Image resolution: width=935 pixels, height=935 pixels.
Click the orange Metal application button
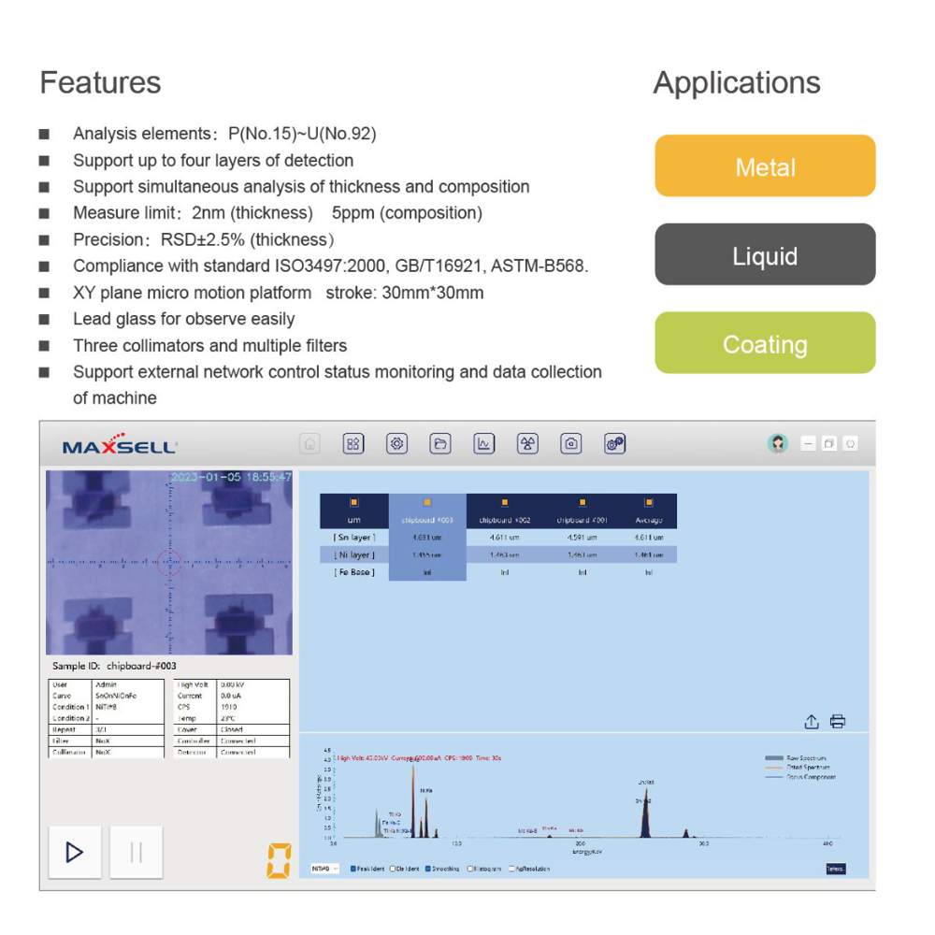pyautogui.click(x=765, y=166)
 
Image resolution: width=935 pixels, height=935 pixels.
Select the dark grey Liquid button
pyautogui.click(x=765, y=255)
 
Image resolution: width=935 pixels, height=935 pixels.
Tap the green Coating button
pyautogui.click(x=765, y=344)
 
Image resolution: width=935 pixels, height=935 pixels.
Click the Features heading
pyautogui.click(x=100, y=82)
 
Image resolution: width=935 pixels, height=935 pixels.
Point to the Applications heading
pyautogui.click(x=736, y=82)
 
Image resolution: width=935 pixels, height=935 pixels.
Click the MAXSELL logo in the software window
pyautogui.click(x=120, y=446)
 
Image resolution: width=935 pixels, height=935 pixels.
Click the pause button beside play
pyautogui.click(x=136, y=852)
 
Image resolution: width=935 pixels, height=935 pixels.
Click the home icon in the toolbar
pyautogui.click(x=309, y=444)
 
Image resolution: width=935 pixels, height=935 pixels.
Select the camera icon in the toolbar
pyautogui.click(x=571, y=444)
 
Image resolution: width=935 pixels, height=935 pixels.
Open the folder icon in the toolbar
pyautogui.click(x=440, y=444)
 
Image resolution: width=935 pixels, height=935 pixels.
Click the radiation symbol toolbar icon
pyautogui.click(x=528, y=444)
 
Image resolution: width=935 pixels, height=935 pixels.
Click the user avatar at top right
pyautogui.click(x=778, y=444)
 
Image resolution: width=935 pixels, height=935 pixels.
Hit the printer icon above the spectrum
pyautogui.click(x=838, y=721)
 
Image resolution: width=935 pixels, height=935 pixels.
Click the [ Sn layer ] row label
pyautogui.click(x=354, y=538)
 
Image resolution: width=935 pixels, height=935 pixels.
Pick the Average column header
pyautogui.click(x=648, y=520)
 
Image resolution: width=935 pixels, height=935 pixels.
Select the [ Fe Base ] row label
pyautogui.click(x=354, y=572)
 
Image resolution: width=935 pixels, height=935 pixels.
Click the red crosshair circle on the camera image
pyautogui.click(x=170, y=563)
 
